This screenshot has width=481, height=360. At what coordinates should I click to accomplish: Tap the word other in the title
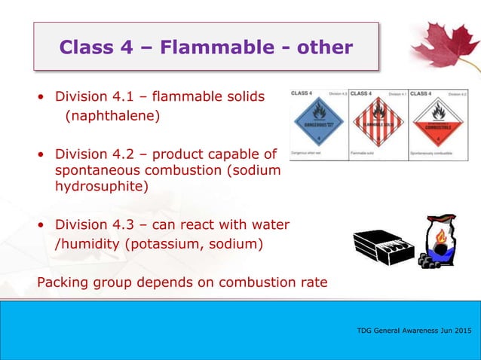(323, 47)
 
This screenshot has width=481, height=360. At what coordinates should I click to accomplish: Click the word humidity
(89, 245)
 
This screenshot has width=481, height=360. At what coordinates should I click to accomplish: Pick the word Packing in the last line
(63, 282)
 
